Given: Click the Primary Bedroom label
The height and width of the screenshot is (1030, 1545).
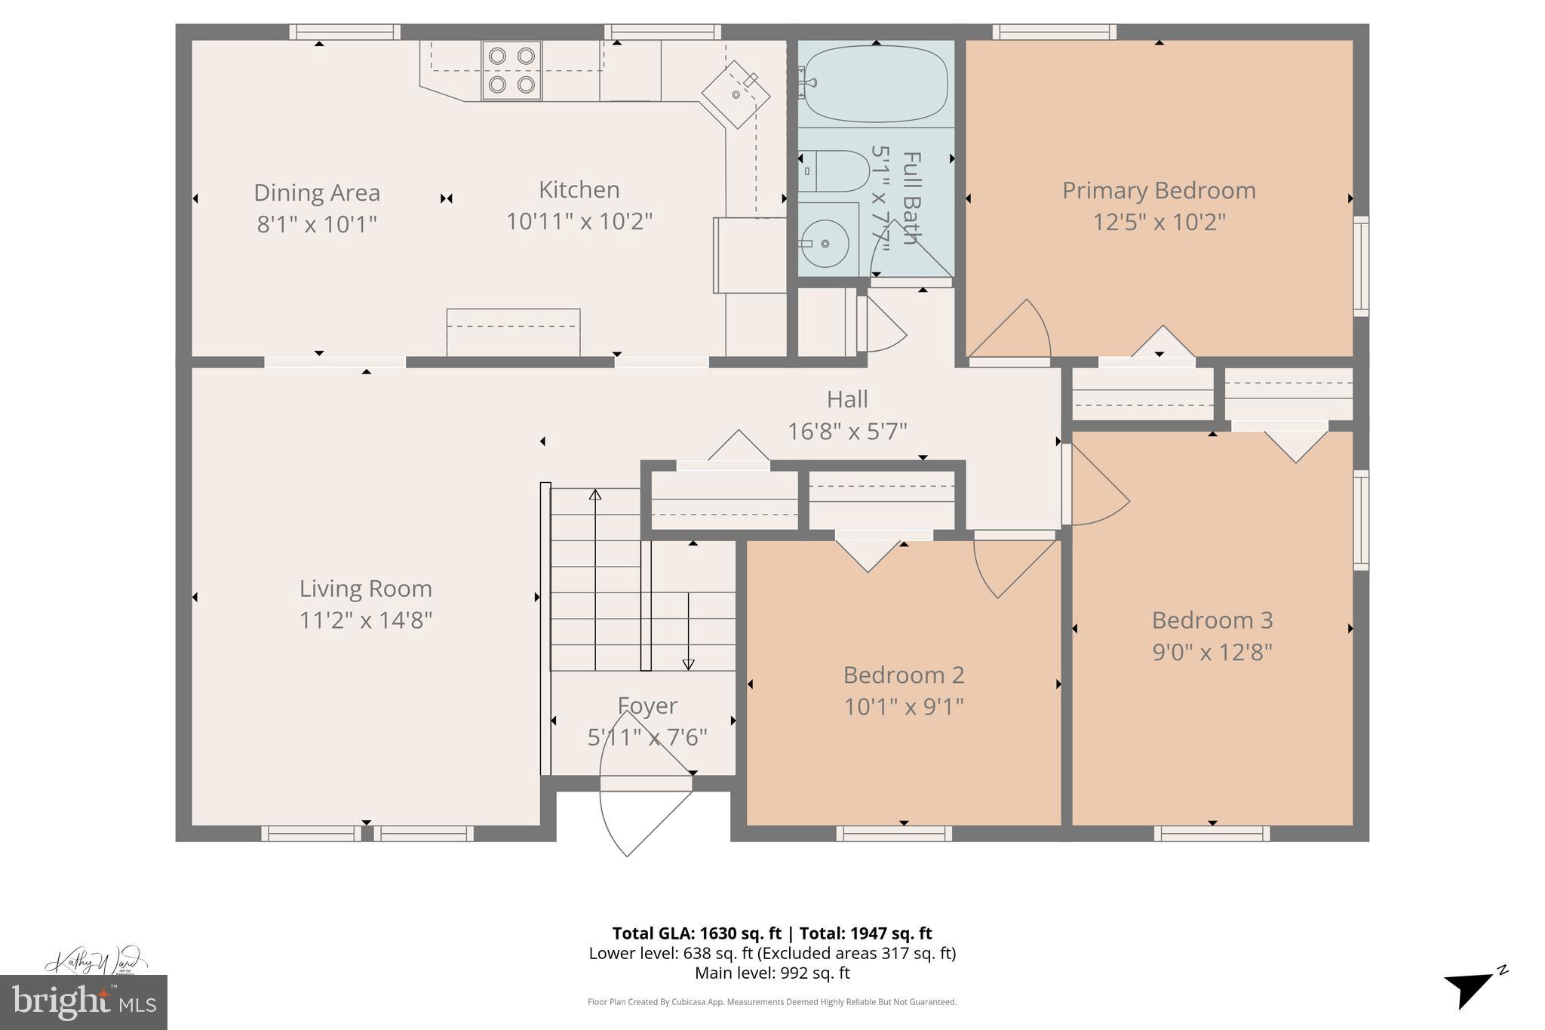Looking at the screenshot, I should point(1159,190).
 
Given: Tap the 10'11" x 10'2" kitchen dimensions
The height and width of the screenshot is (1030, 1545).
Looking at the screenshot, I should point(579,222).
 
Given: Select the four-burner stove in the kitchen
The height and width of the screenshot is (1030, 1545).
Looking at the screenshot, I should point(511,70).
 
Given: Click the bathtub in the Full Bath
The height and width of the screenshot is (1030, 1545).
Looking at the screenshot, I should point(875,83).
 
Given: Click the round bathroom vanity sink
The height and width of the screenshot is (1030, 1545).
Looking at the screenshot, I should point(825,244).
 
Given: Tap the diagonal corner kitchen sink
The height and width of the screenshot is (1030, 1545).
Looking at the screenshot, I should point(736,95).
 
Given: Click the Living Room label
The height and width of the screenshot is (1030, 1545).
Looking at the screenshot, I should point(366,589).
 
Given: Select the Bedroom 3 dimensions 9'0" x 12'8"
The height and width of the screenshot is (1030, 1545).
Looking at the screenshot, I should point(1212,652).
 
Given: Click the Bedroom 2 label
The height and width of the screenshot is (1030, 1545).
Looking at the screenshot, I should point(904,675).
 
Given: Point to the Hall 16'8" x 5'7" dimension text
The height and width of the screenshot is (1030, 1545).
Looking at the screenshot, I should point(847,432).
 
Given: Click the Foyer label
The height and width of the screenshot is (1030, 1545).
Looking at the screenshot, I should point(647,706).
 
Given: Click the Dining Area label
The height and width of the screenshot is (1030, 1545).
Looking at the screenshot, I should point(317,193).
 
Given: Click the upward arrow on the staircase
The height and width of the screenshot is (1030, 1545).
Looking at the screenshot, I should point(595,496).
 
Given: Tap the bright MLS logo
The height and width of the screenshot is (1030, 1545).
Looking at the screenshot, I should point(84,1002).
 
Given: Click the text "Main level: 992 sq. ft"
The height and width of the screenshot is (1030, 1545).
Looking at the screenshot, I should point(772,973).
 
